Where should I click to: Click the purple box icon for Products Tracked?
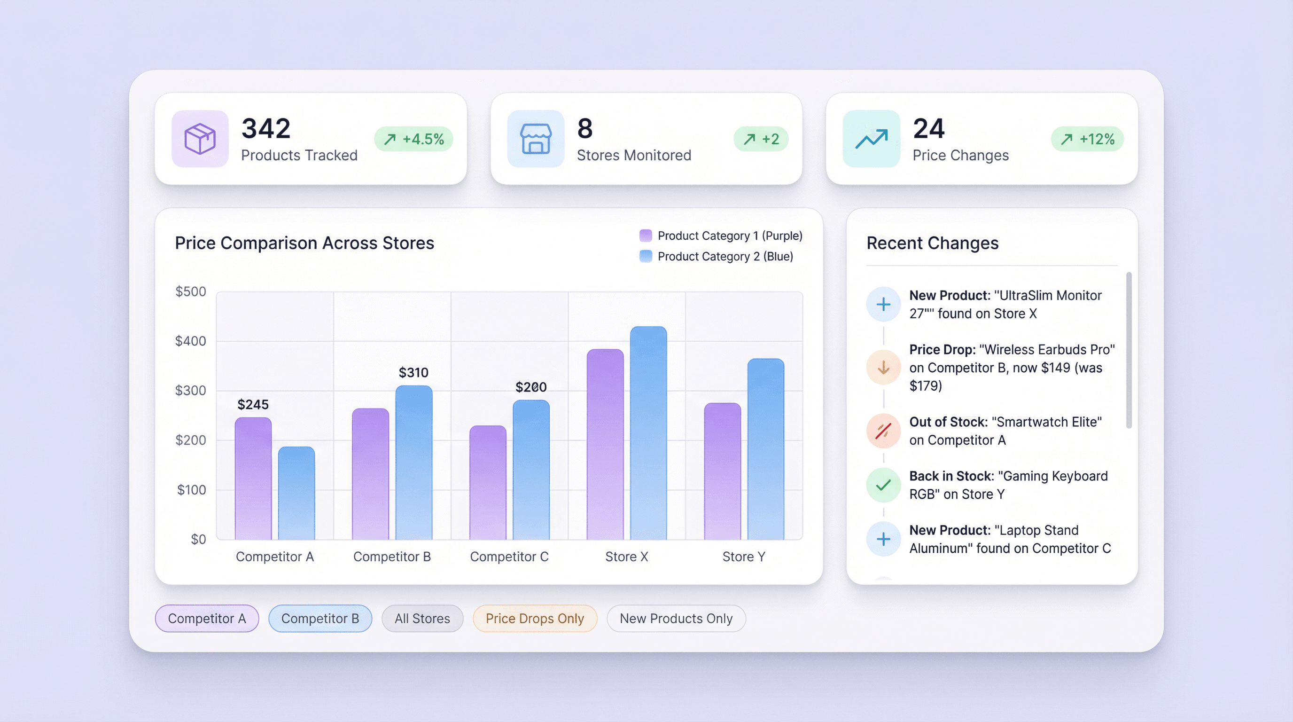pyautogui.click(x=200, y=139)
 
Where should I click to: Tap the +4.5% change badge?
pyautogui.click(x=413, y=139)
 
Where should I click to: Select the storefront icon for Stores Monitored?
pyautogui.click(x=536, y=139)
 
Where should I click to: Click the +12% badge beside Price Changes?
pyautogui.click(x=1087, y=139)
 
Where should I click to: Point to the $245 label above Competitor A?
pyautogui.click(x=253, y=404)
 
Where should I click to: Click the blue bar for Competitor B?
pyautogui.click(x=413, y=462)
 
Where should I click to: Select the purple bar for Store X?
pyautogui.click(x=605, y=444)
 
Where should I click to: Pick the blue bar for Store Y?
pyautogui.click(x=765, y=449)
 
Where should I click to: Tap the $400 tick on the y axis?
pyautogui.click(x=190, y=341)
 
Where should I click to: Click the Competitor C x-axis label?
pyautogui.click(x=509, y=557)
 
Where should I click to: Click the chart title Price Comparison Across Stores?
pyautogui.click(x=304, y=243)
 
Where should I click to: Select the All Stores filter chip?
pyautogui.click(x=422, y=619)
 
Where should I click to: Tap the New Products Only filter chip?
pyautogui.click(x=676, y=619)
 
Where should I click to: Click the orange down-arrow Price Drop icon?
pyautogui.click(x=883, y=368)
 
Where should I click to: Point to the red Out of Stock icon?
pyautogui.click(x=883, y=431)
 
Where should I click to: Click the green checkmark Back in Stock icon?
pyautogui.click(x=883, y=485)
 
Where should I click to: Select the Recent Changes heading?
pyautogui.click(x=932, y=243)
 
